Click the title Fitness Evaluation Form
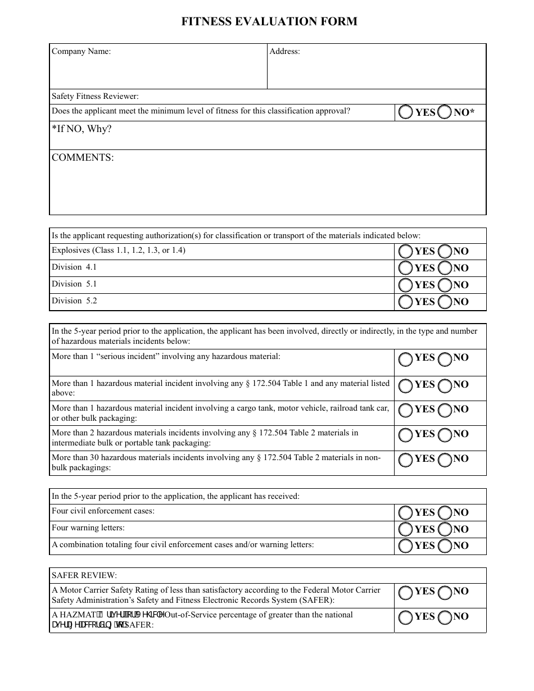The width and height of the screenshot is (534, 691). point(269,21)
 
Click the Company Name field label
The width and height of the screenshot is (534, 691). point(81,52)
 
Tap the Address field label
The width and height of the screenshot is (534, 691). point(284,52)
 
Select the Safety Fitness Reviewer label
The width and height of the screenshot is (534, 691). point(95,97)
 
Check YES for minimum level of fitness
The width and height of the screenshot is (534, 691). point(405,112)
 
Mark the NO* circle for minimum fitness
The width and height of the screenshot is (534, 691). point(445,112)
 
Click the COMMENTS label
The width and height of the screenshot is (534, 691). point(83,158)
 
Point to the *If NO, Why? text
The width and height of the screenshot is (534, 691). point(82,130)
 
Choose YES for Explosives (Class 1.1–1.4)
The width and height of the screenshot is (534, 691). point(405,251)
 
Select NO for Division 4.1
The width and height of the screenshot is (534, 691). point(445,268)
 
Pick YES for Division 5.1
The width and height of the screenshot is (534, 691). point(405,285)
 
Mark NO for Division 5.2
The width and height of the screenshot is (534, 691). point(445,302)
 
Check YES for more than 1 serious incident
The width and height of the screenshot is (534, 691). point(405,358)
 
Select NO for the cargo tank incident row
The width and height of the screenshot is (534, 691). point(445,410)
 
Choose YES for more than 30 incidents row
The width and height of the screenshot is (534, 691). point(405,459)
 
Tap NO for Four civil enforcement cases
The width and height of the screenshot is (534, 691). point(445,512)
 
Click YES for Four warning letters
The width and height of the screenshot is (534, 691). point(405,529)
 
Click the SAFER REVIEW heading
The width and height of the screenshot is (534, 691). point(84,576)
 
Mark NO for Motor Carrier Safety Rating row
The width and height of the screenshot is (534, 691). point(445,592)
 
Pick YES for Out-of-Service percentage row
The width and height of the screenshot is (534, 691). point(405,617)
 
